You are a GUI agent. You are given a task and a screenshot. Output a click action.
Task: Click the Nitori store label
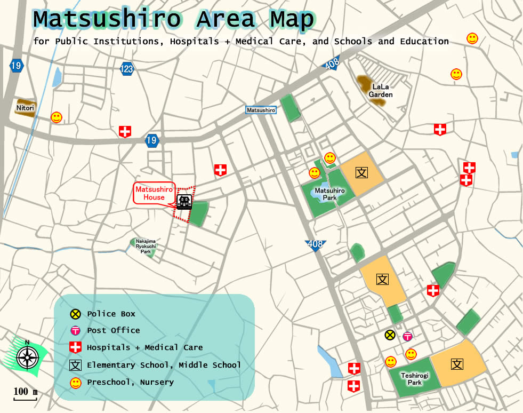tap(25, 108)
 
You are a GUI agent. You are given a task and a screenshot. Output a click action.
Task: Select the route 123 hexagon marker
tap(127, 69)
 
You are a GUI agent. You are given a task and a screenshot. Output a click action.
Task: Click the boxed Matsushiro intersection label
tap(261, 110)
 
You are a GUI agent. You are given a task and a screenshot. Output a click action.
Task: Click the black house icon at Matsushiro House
tap(184, 202)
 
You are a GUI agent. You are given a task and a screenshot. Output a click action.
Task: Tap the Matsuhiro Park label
tap(329, 194)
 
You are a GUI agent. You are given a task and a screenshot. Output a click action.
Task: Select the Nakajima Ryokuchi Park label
tap(146, 246)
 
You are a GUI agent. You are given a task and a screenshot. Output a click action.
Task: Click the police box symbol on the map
tap(390, 335)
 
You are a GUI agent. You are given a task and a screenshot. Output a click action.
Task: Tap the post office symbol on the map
tap(407, 336)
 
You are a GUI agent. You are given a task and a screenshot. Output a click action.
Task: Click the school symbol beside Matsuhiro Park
tap(362, 172)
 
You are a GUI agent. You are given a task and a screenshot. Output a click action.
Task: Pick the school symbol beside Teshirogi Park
tap(457, 364)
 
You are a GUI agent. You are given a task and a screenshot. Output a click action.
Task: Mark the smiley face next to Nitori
tap(57, 117)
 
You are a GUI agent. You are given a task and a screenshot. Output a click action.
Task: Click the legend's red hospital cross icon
tap(76, 348)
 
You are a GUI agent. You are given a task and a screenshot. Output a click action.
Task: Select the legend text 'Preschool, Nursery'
tap(130, 383)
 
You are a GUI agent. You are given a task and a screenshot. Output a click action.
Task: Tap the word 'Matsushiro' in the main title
tap(107, 20)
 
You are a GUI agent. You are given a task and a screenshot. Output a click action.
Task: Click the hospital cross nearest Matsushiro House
tap(220, 170)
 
